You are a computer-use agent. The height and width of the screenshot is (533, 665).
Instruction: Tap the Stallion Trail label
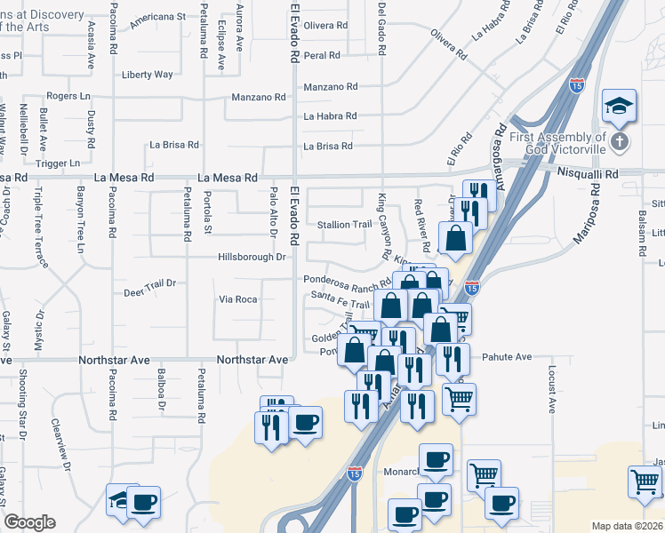click(x=344, y=225)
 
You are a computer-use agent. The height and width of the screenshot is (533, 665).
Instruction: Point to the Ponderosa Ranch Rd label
click(x=347, y=286)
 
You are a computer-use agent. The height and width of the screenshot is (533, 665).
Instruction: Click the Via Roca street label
click(x=238, y=299)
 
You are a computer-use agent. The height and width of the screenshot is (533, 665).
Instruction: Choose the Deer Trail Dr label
click(x=150, y=290)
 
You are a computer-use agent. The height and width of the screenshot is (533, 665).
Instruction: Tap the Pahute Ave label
click(x=507, y=357)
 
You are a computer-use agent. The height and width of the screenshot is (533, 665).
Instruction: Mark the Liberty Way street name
click(x=148, y=75)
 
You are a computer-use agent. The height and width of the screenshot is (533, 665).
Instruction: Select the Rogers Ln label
click(x=69, y=95)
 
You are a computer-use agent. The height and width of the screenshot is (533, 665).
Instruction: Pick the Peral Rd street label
click(x=322, y=55)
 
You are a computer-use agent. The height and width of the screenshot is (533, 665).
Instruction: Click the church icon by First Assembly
click(x=621, y=140)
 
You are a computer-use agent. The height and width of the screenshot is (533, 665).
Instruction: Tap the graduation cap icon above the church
click(x=618, y=107)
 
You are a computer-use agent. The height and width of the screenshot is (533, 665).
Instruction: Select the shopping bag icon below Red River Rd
click(x=456, y=238)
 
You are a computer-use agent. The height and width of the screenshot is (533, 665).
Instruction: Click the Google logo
click(x=29, y=522)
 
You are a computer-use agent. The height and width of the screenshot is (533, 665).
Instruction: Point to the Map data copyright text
click(x=627, y=526)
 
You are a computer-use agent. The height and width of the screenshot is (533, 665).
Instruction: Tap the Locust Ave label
click(x=552, y=388)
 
